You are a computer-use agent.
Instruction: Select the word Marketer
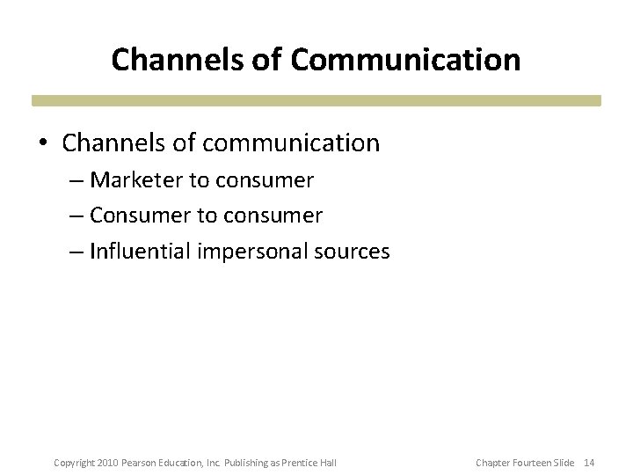(136, 180)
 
